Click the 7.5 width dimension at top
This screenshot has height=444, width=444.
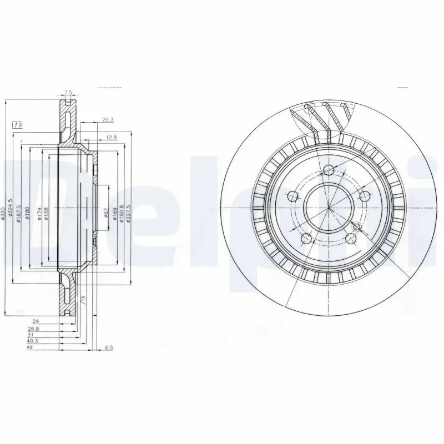pyautogui.click(x=68, y=92)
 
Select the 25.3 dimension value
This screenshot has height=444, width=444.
pyautogui.click(x=107, y=119)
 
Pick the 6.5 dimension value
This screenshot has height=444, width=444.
pyautogui.click(x=109, y=349)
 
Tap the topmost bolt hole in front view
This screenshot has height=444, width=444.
pyautogui.click(x=328, y=170)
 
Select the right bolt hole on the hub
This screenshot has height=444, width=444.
pyautogui.click(x=365, y=196)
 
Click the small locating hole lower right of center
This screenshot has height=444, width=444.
pyautogui.click(x=357, y=226)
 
